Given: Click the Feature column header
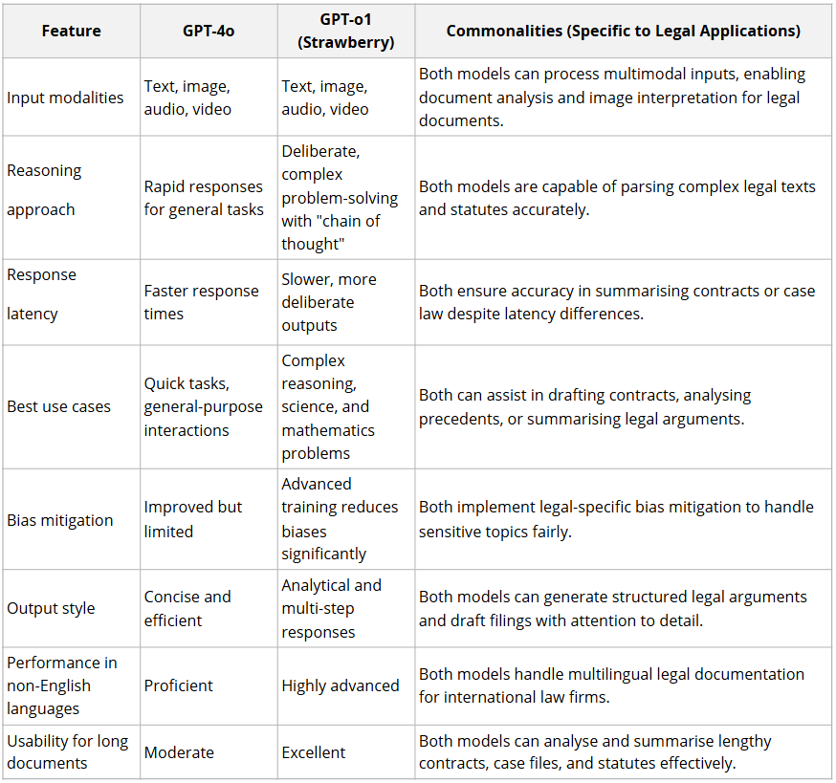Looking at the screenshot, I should (x=71, y=31).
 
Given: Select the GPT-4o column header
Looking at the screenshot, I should (x=209, y=31).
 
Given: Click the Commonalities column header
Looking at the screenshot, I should (x=623, y=31).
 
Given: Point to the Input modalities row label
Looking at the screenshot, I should (x=65, y=98).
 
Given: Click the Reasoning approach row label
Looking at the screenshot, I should (x=44, y=189).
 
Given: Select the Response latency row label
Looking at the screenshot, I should (x=41, y=294).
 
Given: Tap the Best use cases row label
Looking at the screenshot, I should (x=58, y=406).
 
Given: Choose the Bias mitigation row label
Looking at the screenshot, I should (x=59, y=520).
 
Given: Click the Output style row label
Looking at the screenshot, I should (x=51, y=608).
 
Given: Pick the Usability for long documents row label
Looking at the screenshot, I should (x=67, y=751).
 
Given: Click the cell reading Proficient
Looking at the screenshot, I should (x=179, y=685).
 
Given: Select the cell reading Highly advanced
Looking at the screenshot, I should (x=341, y=685).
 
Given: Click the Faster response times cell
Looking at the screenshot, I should (x=201, y=302).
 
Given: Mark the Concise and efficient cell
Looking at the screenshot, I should (x=187, y=608).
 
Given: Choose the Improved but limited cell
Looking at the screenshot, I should (x=193, y=519).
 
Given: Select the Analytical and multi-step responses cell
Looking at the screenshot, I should (x=331, y=608).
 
